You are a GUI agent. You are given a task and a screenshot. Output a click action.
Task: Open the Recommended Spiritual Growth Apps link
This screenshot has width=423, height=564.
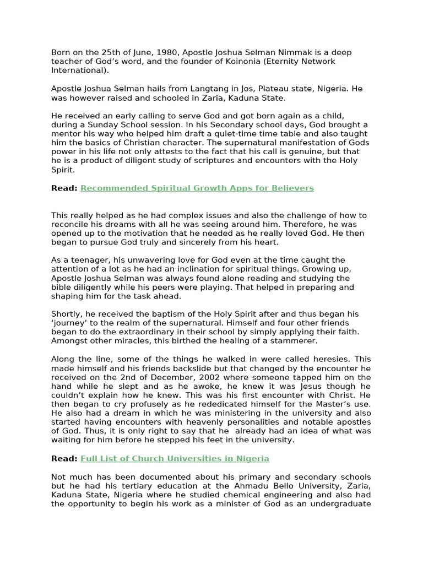tap(197, 188)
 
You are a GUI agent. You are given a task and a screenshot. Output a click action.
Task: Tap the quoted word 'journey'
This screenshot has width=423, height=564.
tap(70, 323)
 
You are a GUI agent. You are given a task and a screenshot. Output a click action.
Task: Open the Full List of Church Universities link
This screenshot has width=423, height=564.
tap(175, 458)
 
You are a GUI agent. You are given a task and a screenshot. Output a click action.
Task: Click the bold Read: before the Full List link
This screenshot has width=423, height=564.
tap(64, 458)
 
